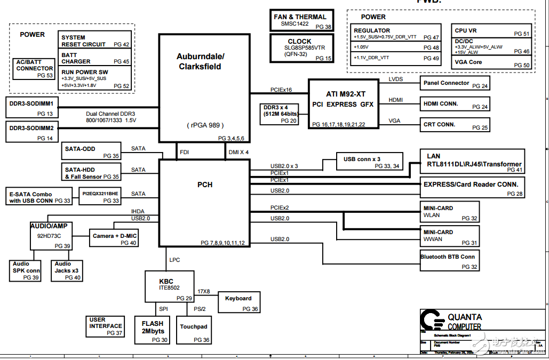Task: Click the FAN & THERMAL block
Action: click(303, 20)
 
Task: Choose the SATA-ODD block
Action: click(90, 151)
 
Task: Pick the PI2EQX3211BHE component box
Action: click(101, 196)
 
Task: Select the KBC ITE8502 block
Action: click(170, 287)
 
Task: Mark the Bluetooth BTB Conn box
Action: click(450, 260)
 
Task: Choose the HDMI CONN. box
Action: click(455, 104)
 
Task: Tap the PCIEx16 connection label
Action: click(281, 90)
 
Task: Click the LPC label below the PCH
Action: click(174, 260)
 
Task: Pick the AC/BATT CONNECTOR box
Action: click(35, 69)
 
